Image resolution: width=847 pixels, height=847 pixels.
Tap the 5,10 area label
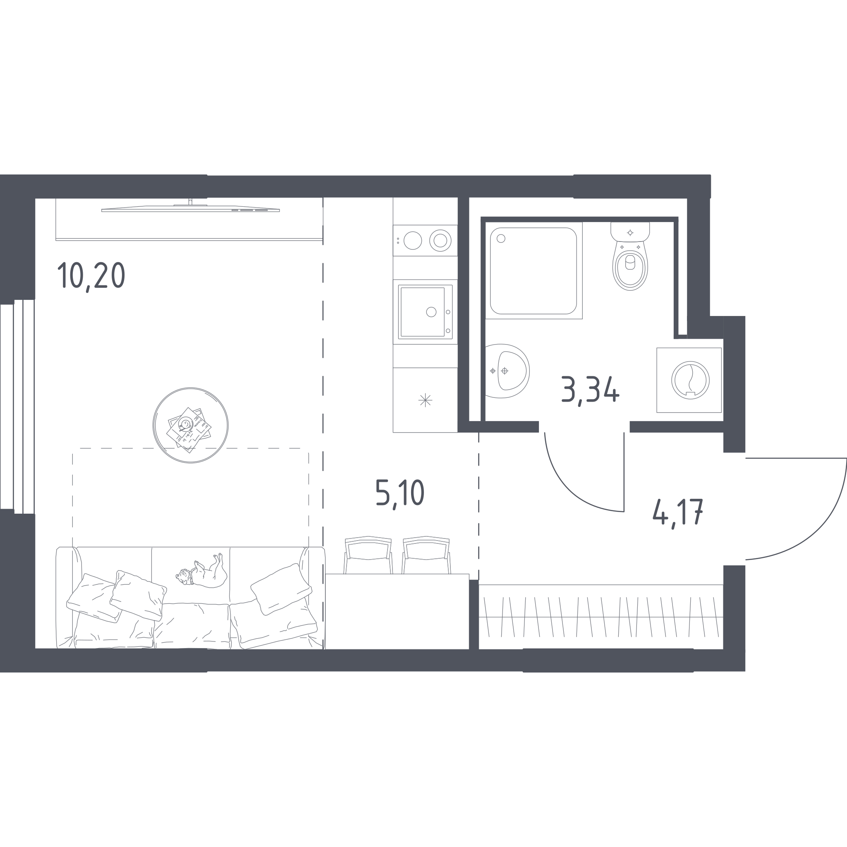[400, 494]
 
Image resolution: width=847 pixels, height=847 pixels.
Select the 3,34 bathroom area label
[590, 391]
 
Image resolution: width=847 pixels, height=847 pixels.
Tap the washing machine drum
[691, 380]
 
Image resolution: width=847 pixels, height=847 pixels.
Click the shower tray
[534, 270]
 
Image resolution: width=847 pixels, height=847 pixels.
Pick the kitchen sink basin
[423, 312]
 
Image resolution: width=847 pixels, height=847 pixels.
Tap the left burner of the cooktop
[412, 241]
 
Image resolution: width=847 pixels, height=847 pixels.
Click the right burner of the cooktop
[440, 240]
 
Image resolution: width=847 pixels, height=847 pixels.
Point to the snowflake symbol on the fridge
[425, 400]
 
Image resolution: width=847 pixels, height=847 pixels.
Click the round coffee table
[190, 425]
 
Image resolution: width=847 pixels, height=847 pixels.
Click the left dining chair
[368, 555]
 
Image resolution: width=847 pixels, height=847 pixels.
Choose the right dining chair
[426, 555]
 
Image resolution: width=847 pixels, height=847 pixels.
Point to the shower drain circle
[501, 239]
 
